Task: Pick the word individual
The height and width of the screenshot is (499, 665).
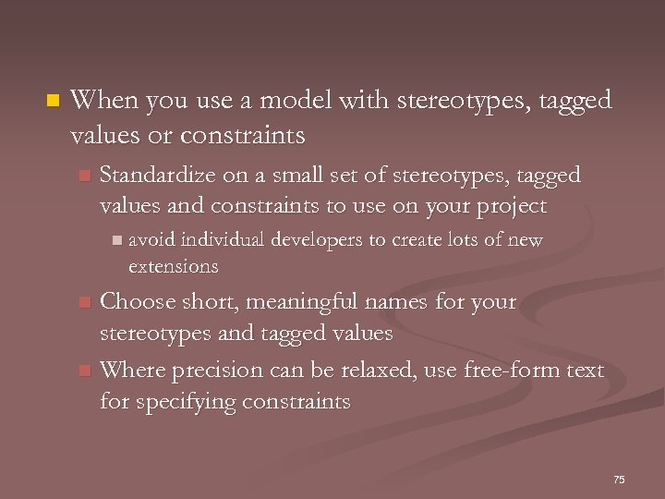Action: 224,240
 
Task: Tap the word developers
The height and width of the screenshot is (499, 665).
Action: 319,240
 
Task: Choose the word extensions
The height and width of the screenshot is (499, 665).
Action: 173,267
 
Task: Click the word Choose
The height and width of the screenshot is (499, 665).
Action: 133,302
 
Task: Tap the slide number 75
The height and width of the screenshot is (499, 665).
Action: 619,479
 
